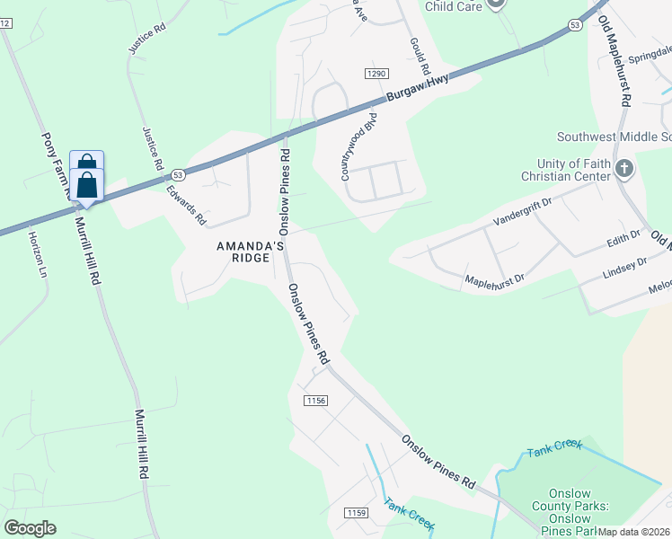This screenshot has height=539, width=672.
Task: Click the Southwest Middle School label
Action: [615, 137]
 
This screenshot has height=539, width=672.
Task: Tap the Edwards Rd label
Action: [186, 205]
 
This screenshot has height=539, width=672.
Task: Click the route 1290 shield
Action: [376, 72]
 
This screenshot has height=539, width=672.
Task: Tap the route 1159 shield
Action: [356, 512]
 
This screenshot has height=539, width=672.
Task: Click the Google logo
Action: [30, 528]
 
